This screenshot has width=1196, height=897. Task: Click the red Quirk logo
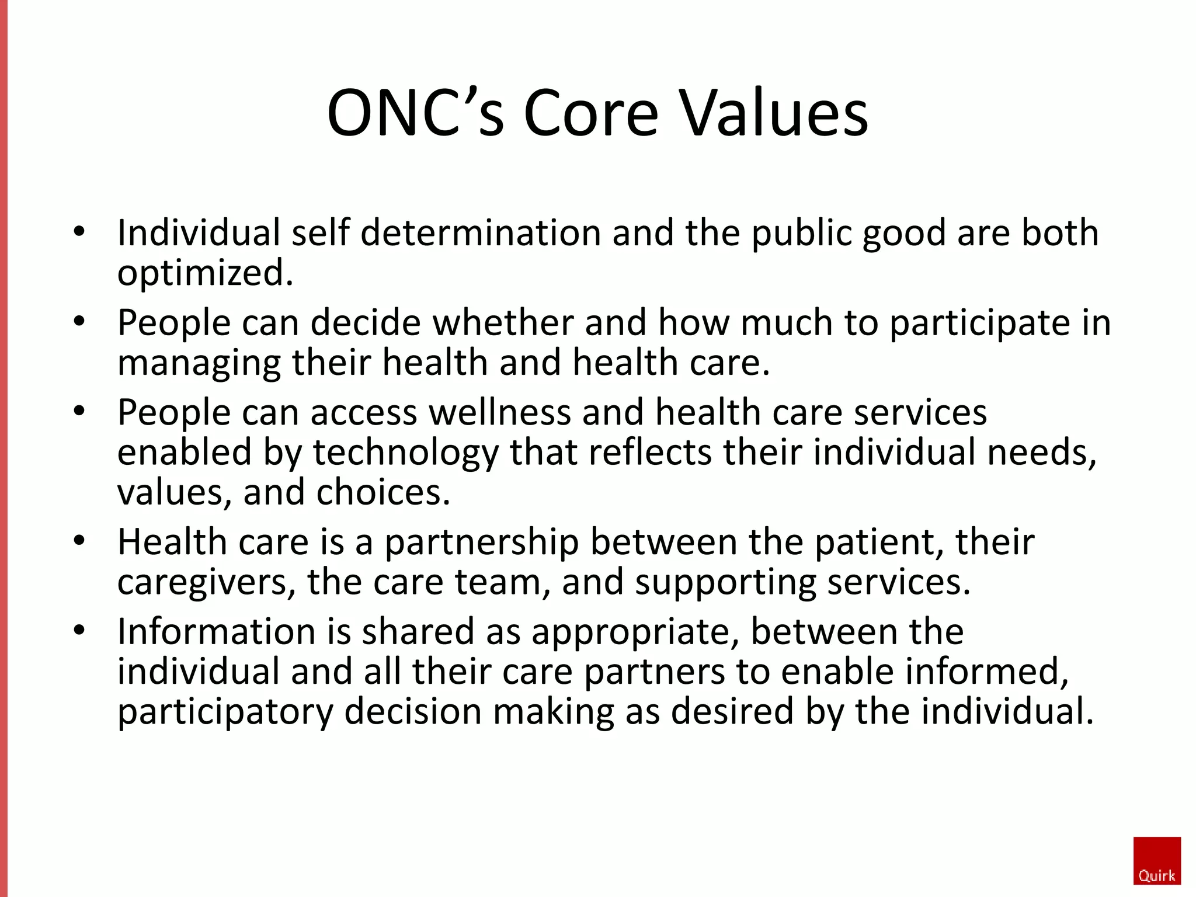pyautogui.click(x=1156, y=860)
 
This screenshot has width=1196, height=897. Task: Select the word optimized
pyautogui.click(x=205, y=273)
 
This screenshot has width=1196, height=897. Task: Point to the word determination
pyautogui.click(x=481, y=233)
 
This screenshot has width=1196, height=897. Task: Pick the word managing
pyautogui.click(x=199, y=363)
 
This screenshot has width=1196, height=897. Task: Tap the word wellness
pyautogui.click(x=500, y=413)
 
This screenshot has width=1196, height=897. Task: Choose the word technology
pyautogui.click(x=406, y=453)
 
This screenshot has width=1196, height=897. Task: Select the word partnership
pyautogui.click(x=481, y=543)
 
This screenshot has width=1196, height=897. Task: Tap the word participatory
pyautogui.click(x=225, y=712)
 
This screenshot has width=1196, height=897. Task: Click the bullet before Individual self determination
pyautogui.click(x=79, y=231)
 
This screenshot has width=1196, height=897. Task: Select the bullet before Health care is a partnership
pyautogui.click(x=79, y=541)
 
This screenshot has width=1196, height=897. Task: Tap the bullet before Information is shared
pyautogui.click(x=79, y=631)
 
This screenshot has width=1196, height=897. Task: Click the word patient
pyautogui.click(x=879, y=543)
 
